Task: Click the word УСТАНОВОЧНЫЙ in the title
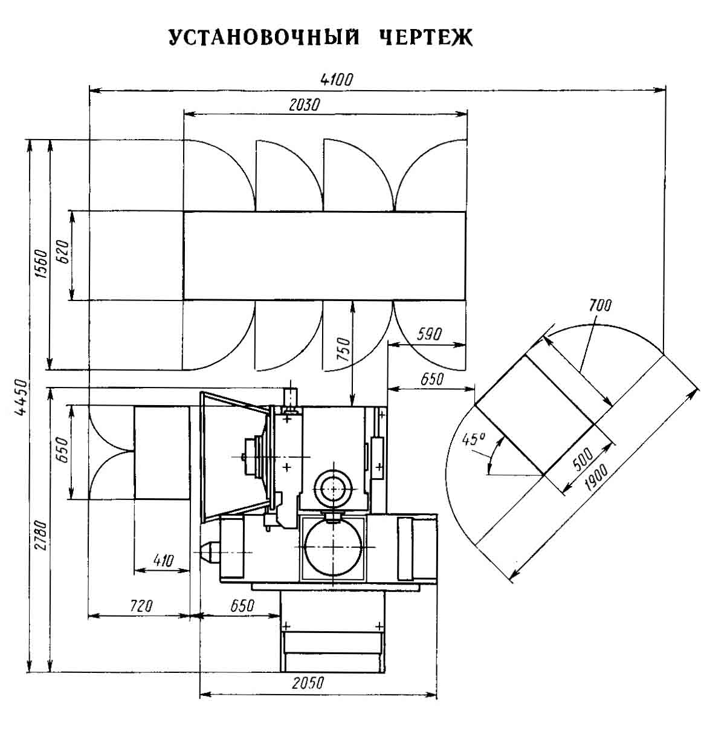(x=264, y=37)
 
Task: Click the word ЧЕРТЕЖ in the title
(x=426, y=37)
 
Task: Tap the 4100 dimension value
(x=337, y=80)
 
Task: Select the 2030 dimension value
(x=304, y=105)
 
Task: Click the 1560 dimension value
(x=41, y=264)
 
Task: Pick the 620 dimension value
(x=63, y=252)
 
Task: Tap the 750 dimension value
(x=344, y=349)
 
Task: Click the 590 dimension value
(x=429, y=334)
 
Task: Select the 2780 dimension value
(x=41, y=536)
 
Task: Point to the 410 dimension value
(x=163, y=560)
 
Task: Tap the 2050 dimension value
(x=308, y=683)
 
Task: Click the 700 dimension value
(x=601, y=305)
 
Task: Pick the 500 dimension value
(x=583, y=459)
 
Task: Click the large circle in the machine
(x=334, y=547)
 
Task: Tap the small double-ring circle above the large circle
(x=334, y=488)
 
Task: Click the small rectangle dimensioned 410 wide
(x=162, y=452)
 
